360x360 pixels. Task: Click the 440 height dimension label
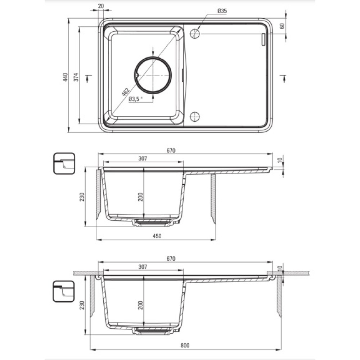(x=66, y=77)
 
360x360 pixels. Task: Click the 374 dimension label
(x=76, y=77)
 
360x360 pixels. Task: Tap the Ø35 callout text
(x=222, y=11)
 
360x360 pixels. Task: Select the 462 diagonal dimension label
(x=125, y=91)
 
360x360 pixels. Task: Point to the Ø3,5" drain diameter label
(x=136, y=99)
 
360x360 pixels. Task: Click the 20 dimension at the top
(x=101, y=6)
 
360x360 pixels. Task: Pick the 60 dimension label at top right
(x=282, y=26)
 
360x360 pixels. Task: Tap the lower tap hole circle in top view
(x=195, y=116)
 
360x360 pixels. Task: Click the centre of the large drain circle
(x=153, y=75)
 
